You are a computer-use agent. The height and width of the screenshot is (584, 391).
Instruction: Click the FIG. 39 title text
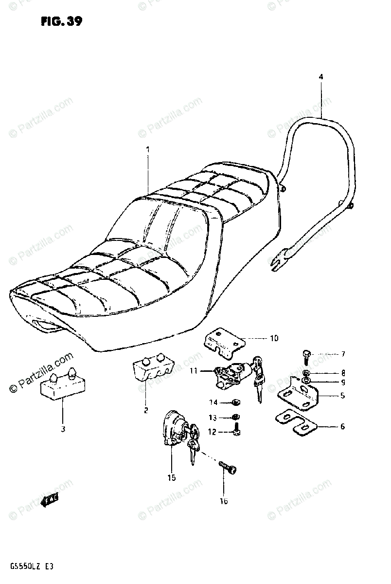pyautogui.click(x=60, y=21)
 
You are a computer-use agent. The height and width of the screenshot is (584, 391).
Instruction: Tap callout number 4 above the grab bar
pyautogui.click(x=321, y=76)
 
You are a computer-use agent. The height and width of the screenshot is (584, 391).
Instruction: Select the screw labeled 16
pyautogui.click(x=228, y=469)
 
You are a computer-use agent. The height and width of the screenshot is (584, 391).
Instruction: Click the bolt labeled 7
pyautogui.click(x=305, y=356)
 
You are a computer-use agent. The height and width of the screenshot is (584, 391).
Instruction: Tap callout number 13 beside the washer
pyautogui.click(x=213, y=418)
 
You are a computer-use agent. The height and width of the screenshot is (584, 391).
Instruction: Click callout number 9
pyautogui.click(x=343, y=382)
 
